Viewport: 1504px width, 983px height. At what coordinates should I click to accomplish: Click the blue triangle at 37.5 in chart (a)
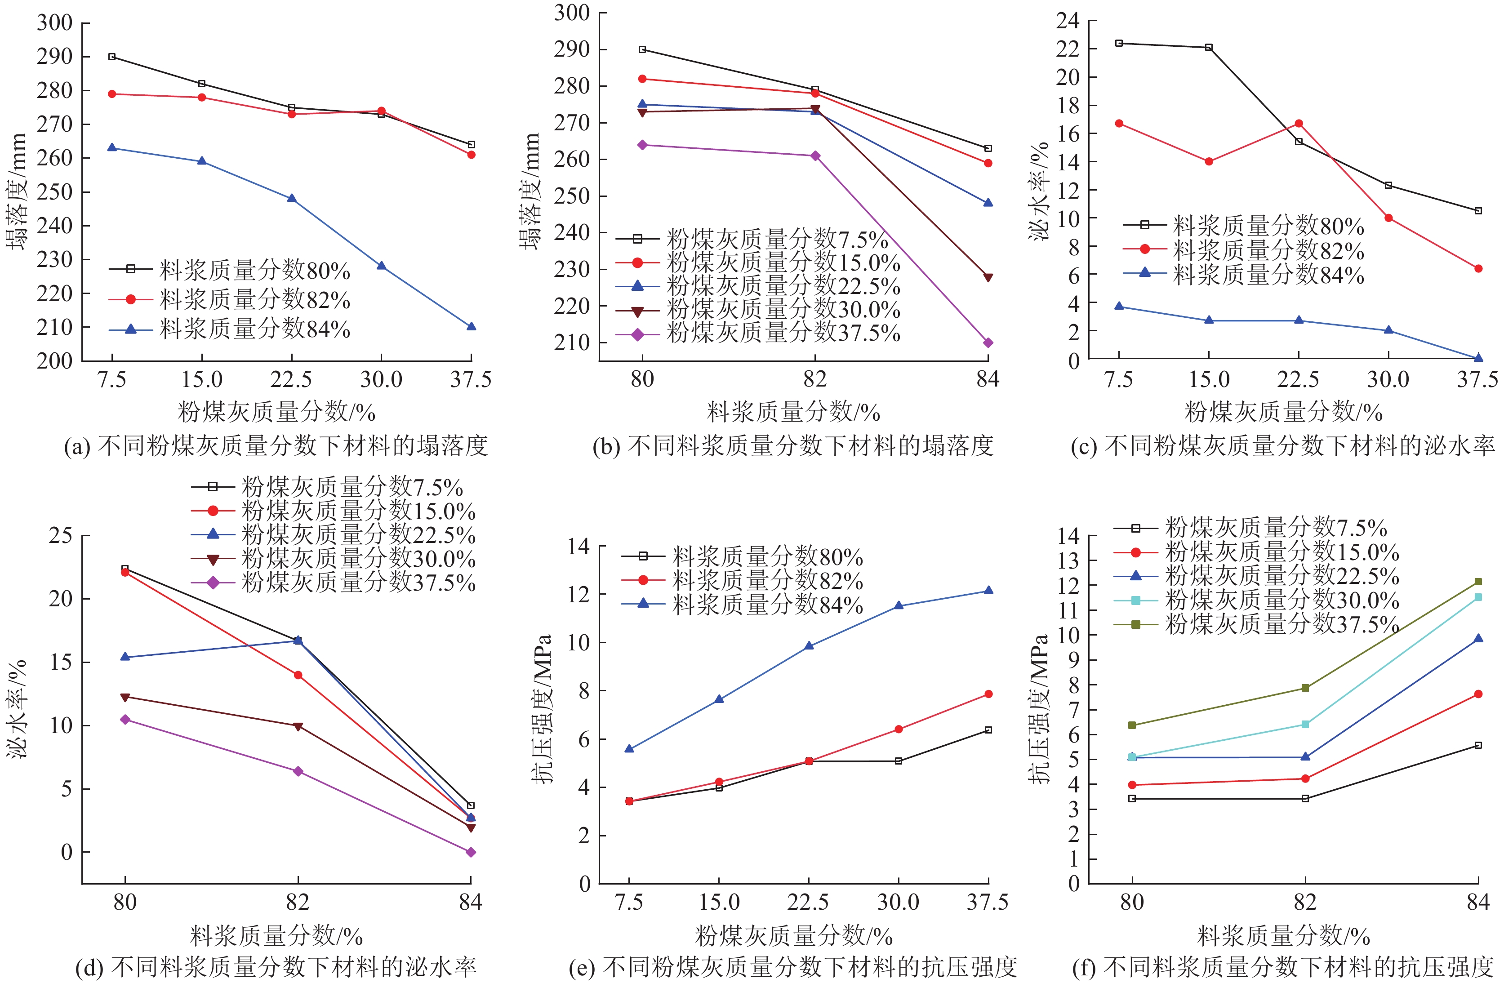point(471,327)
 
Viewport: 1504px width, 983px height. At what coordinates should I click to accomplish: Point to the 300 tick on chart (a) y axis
point(54,23)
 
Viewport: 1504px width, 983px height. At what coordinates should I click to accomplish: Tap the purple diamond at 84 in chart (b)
point(988,343)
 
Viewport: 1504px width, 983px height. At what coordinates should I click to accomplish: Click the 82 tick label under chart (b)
point(814,379)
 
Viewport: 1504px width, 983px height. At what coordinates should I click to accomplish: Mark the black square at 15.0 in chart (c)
point(1209,47)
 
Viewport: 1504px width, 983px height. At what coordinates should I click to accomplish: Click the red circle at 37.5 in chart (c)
point(1478,268)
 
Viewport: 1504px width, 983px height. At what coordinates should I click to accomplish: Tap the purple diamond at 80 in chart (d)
point(125,720)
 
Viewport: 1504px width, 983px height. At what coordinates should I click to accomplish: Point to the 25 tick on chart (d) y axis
point(61,536)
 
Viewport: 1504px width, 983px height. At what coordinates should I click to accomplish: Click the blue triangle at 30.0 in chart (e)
point(898,606)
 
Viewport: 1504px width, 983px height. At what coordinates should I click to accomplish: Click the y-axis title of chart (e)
point(542,707)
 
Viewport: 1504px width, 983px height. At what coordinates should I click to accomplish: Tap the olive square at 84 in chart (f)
point(1478,581)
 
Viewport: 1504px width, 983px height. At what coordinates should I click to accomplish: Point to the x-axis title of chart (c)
point(1283,412)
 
